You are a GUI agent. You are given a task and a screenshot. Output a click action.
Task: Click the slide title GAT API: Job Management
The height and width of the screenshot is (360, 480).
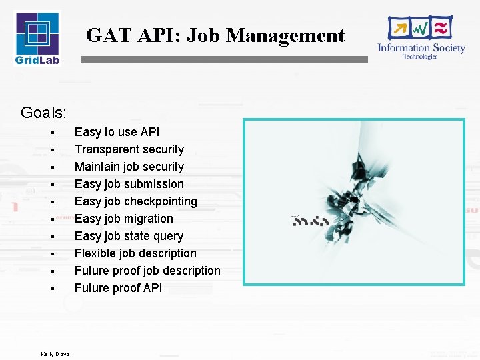pos(215,35)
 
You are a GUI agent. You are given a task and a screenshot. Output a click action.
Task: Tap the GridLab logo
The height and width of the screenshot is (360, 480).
pos(37,37)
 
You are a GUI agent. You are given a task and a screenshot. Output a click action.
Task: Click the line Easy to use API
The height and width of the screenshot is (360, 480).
pos(117,132)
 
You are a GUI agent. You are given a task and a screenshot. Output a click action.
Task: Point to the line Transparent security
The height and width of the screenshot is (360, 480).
pos(129,149)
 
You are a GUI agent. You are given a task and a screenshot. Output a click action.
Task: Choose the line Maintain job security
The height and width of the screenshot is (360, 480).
pos(129,167)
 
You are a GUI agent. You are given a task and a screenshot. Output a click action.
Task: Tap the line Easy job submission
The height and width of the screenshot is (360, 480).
pos(129,184)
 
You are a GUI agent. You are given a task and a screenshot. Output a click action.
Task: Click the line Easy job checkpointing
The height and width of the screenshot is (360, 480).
pos(135,201)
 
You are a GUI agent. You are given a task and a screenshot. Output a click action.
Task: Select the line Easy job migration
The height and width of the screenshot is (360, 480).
pos(123,219)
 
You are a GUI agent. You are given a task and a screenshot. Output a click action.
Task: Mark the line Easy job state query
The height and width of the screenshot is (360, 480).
pos(129,236)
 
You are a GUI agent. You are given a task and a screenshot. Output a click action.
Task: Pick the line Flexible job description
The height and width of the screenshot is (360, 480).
pos(135,253)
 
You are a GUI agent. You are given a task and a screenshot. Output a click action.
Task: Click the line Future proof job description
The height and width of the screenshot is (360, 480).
pos(147,271)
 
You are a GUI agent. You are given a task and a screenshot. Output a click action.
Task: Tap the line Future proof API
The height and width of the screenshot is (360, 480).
pos(118,288)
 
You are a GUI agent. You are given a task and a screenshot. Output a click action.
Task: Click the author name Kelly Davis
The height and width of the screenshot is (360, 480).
pos(55,353)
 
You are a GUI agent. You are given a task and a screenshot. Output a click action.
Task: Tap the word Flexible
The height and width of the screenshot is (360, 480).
pos(95,253)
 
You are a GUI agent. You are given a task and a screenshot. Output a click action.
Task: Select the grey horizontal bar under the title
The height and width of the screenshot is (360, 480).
pos(223,59)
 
